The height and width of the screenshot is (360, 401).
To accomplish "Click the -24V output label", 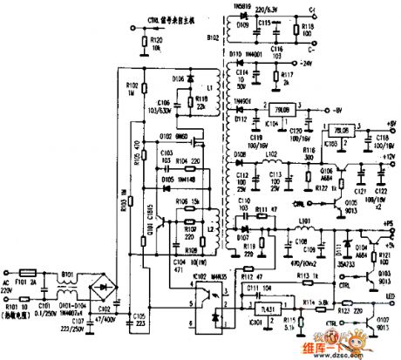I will tap(304, 63).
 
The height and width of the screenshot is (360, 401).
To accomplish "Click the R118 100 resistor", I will tap(308, 28).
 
